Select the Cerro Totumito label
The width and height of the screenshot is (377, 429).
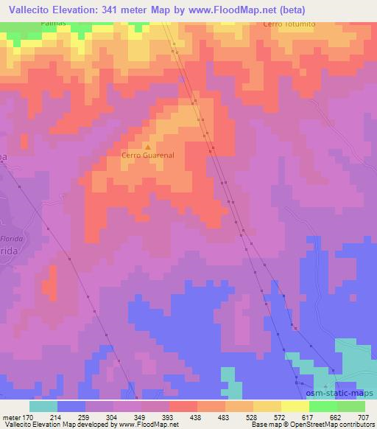(x=288, y=24)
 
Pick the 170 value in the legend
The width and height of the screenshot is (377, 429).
(x=28, y=417)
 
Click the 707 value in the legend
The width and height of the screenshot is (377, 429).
(x=364, y=417)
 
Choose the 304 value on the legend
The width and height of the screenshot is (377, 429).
(x=112, y=417)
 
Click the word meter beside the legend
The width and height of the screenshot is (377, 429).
(x=10, y=417)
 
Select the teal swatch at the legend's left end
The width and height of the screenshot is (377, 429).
(x=43, y=406)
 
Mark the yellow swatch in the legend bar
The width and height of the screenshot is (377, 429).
(x=295, y=406)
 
